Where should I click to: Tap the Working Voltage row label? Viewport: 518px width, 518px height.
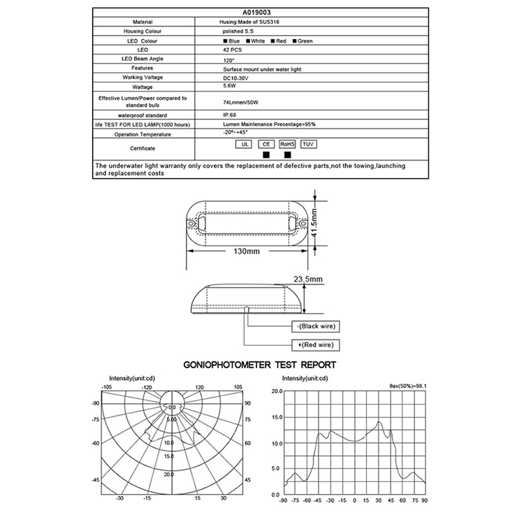142,77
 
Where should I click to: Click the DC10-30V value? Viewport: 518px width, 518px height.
236,78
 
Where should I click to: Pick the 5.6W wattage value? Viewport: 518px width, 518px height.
229,87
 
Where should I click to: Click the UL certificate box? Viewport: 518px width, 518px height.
245,144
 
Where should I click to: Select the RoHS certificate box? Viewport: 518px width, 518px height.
287,144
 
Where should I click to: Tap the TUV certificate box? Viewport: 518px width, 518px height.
309,144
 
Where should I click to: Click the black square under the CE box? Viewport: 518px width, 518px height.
265,155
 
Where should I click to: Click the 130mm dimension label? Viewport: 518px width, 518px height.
242,252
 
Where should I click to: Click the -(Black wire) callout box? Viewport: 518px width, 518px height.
315,326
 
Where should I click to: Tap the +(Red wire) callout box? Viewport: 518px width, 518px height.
316,345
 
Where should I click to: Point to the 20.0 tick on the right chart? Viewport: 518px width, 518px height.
276,391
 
